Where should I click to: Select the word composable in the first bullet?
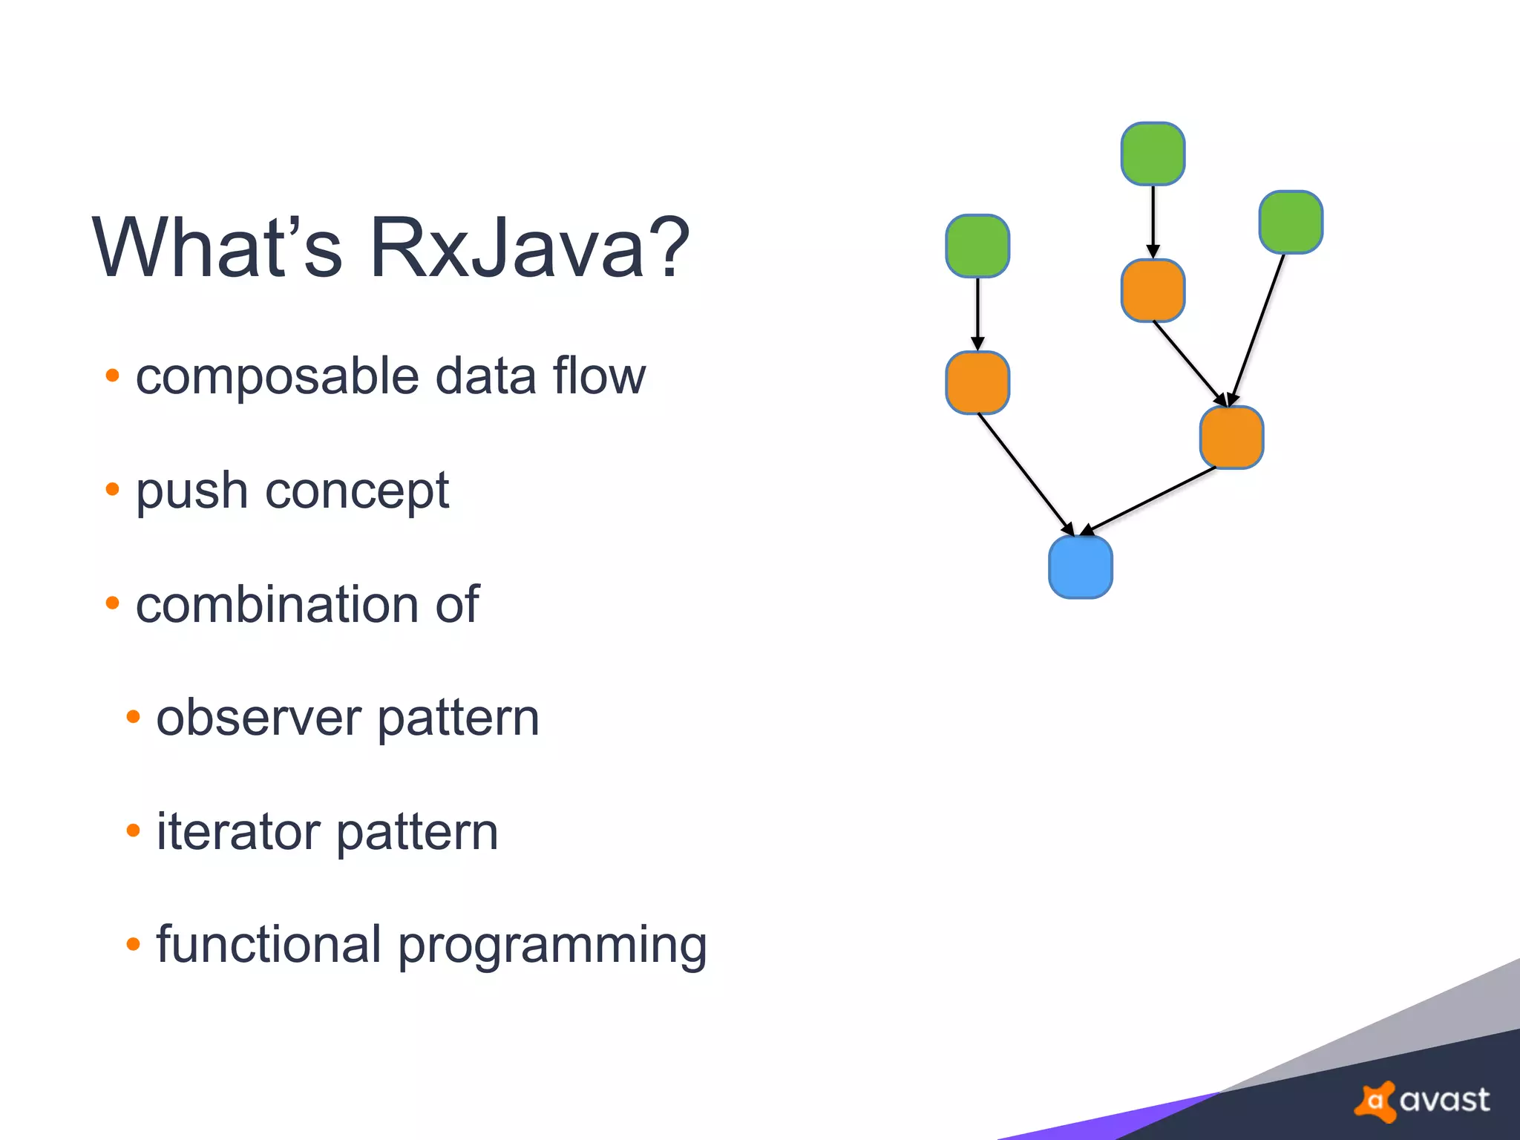(x=278, y=376)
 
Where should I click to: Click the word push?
(x=191, y=491)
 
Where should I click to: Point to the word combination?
(x=276, y=604)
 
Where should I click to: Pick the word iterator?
(x=238, y=831)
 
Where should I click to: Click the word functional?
(x=269, y=945)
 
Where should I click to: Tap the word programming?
(x=553, y=946)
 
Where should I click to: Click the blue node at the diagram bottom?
(x=1080, y=567)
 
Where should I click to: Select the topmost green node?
(x=1153, y=154)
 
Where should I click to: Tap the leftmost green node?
(x=977, y=246)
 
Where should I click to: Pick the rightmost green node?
(x=1291, y=222)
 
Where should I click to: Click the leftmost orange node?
(x=977, y=382)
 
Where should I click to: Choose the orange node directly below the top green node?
(x=1153, y=290)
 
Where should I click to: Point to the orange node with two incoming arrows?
(x=1231, y=437)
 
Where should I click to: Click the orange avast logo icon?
(x=1375, y=1101)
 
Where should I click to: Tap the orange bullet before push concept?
(x=112, y=489)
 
